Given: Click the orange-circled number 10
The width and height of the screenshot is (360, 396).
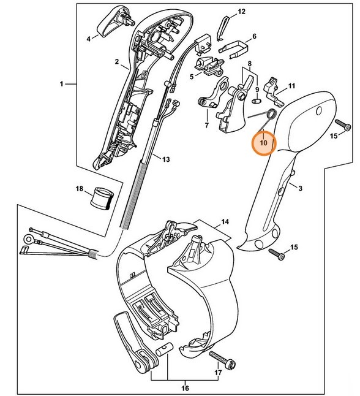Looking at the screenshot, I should (264, 143).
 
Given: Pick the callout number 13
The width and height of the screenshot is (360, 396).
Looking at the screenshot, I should (165, 159).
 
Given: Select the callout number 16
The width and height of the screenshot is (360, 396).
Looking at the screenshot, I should (186, 388).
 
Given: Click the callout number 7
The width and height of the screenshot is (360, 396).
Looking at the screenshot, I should (206, 125).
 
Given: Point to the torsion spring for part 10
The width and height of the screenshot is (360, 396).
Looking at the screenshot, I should (269, 116).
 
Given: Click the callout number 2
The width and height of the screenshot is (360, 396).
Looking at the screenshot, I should (116, 62).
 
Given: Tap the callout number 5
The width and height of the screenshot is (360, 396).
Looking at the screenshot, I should (191, 77).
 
